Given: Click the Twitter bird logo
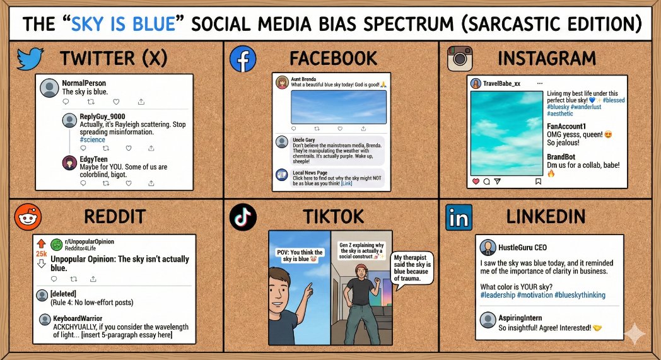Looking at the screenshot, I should click(x=30, y=59).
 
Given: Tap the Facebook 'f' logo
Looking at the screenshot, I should click(x=243, y=59).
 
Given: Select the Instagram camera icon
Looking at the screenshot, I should click(x=460, y=59).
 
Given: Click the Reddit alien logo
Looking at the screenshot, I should click(x=28, y=216).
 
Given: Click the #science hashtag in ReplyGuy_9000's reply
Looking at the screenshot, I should click(x=92, y=139).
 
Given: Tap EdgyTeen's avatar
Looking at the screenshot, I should click(x=69, y=163).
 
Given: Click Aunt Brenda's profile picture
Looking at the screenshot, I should click(x=282, y=82).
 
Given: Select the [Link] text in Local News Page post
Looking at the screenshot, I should click(x=347, y=183).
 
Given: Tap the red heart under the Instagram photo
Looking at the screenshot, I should click(x=476, y=182).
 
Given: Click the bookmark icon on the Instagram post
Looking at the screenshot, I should click(x=538, y=182).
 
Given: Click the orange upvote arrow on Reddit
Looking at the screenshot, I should click(x=42, y=243).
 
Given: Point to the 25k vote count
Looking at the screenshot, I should click(x=42, y=253).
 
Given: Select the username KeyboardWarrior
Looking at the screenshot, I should click(x=78, y=319).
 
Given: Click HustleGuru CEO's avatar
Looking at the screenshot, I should click(x=487, y=247).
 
